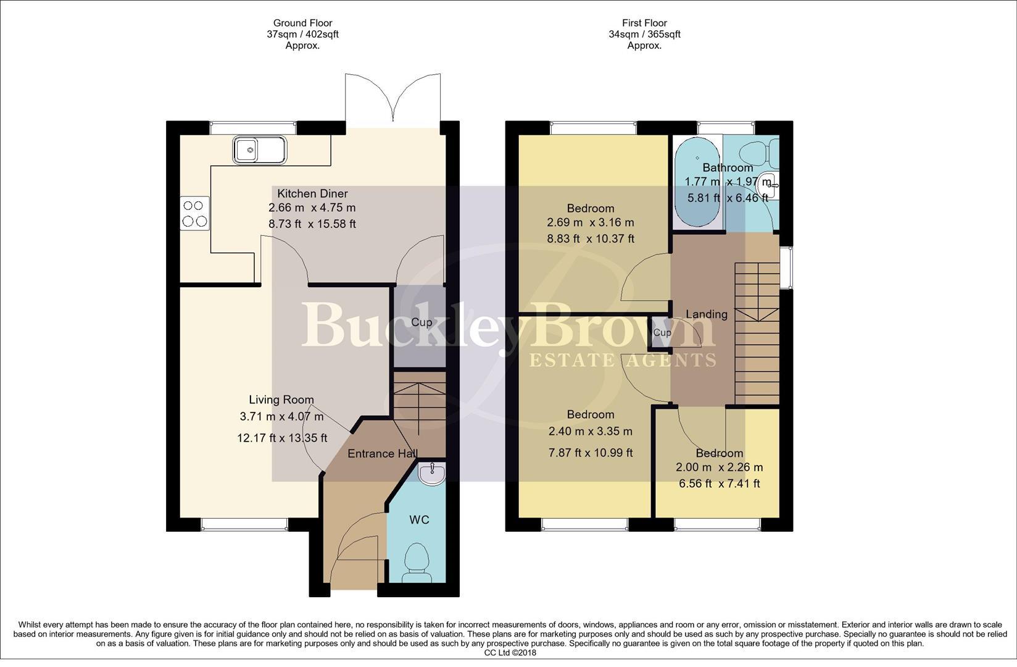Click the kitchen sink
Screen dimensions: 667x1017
tap(260, 150)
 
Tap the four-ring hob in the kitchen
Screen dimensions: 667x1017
tap(194, 214)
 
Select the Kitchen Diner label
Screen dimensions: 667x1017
tap(312, 193)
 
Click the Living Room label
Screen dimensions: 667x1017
tap(281, 400)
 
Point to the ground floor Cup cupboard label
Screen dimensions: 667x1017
tap(421, 322)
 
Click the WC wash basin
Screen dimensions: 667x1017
tap(431, 474)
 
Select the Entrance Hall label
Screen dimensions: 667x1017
tap(383, 453)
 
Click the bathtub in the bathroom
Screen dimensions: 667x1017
tap(697, 185)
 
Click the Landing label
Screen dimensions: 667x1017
tap(707, 314)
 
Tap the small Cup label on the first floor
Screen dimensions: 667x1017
tap(662, 333)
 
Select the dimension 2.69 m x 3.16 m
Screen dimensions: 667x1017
tap(590, 223)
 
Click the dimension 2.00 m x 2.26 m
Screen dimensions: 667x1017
tap(719, 468)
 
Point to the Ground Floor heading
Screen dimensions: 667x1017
tap(302, 23)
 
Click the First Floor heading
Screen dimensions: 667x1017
tap(644, 23)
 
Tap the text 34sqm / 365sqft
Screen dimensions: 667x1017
tap(644, 35)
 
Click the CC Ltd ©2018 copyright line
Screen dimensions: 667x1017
tap(510, 652)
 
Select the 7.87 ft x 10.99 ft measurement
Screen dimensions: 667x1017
tap(590, 453)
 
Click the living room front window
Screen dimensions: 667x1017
tap(244, 524)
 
